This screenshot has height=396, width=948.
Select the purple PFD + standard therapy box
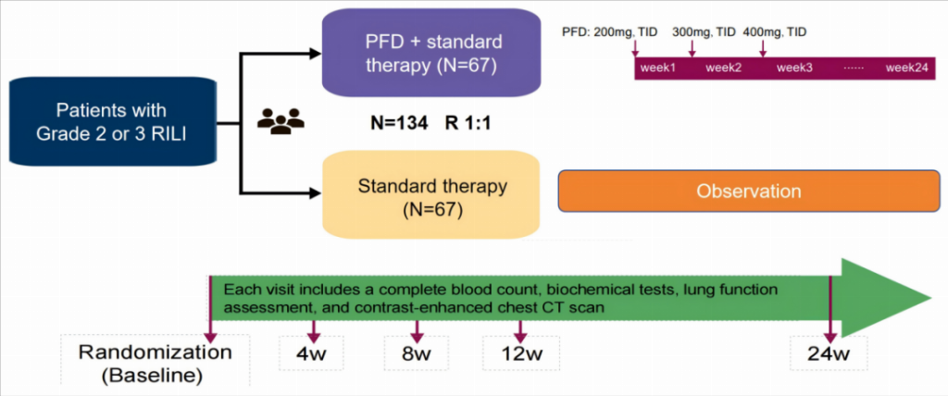coord(430,53)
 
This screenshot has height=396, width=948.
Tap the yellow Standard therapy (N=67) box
coord(430,197)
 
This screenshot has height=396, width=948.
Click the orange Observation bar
coord(749,192)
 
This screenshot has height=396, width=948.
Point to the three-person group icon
coord(280,121)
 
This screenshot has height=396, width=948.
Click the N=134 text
coord(393,121)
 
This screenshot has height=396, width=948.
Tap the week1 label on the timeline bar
coord(658,67)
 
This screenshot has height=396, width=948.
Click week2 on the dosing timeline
coord(723,67)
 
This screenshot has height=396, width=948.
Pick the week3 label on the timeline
coord(794,67)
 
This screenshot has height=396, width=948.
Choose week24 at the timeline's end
coord(906,67)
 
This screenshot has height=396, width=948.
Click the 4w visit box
coord(312,353)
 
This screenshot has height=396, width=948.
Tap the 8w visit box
coord(418,353)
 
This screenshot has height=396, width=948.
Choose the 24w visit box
coord(828,353)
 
